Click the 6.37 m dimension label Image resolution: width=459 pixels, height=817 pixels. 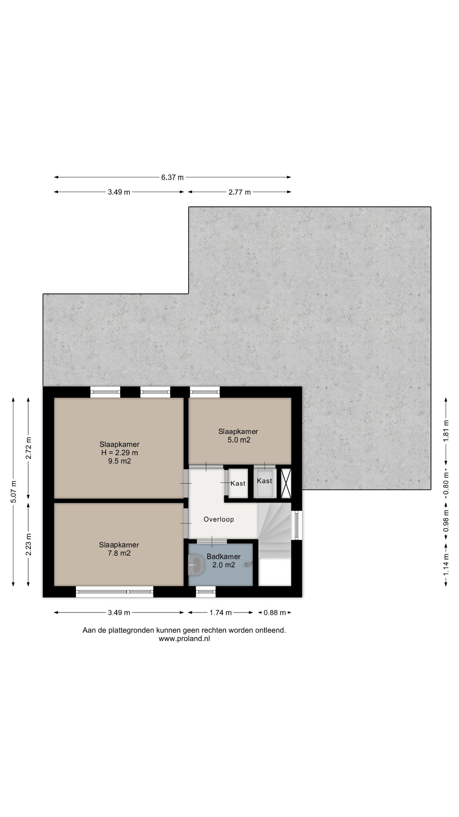172,177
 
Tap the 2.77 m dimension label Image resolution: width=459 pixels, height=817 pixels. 239,192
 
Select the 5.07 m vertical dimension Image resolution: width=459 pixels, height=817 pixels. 13,491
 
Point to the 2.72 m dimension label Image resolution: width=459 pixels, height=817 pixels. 28,448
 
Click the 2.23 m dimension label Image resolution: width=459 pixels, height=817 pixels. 28,544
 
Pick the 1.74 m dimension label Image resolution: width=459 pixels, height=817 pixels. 220,612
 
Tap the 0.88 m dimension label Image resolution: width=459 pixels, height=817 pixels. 275,612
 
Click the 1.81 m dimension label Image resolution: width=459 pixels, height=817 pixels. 446,431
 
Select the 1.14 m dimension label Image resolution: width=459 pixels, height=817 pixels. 446,565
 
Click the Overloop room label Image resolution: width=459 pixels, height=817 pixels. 219,519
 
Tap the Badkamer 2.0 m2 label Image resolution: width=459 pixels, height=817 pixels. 223,561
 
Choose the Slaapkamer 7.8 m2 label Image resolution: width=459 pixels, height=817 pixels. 119,549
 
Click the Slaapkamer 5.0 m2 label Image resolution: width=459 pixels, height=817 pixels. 238,436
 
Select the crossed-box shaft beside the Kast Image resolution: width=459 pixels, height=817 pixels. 286,483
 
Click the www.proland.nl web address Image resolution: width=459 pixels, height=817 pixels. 184,639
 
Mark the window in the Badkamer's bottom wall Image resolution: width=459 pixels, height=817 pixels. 206,591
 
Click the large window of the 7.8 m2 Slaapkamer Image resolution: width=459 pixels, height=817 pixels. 114,591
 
